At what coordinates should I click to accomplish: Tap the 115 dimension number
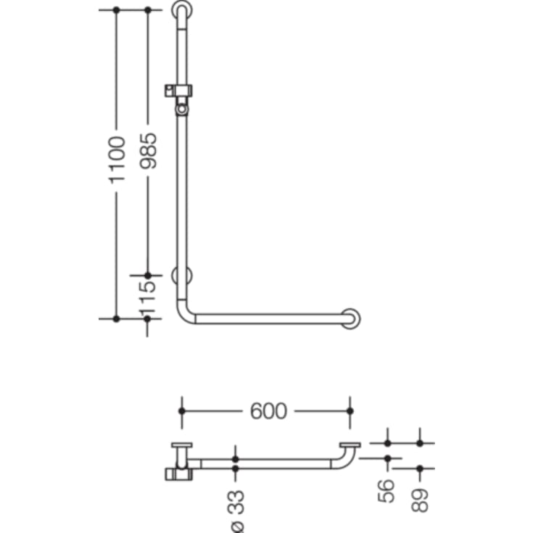pos(148,297)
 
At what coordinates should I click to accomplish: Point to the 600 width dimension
pos(268,411)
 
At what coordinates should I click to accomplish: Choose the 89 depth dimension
pos(420,497)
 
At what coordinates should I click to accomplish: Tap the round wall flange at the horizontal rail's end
pos(352,318)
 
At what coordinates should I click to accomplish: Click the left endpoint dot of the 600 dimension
pos(181,411)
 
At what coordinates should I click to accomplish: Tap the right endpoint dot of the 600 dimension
pos(350,411)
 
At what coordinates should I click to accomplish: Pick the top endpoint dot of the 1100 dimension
pos(116,11)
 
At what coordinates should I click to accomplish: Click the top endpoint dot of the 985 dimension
pos(148,11)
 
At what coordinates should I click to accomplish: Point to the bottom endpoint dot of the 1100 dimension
pos(116,318)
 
